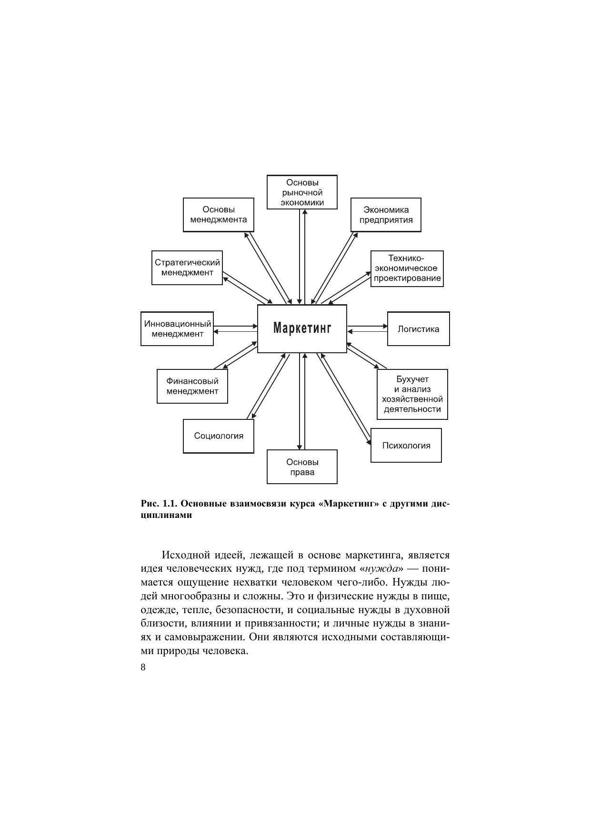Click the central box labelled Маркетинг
[302, 328]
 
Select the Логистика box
[418, 329]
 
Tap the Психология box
[406, 446]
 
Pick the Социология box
[219, 436]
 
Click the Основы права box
[302, 467]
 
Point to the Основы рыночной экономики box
[302, 192]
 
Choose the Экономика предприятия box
[386, 215]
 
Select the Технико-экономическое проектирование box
[407, 268]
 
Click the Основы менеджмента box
[219, 215]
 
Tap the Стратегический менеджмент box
[187, 268]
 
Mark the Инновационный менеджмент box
[177, 328]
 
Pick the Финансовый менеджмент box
[192, 386]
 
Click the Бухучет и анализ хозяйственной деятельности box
[412, 394]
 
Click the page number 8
[143, 667]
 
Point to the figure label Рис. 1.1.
[160, 504]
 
